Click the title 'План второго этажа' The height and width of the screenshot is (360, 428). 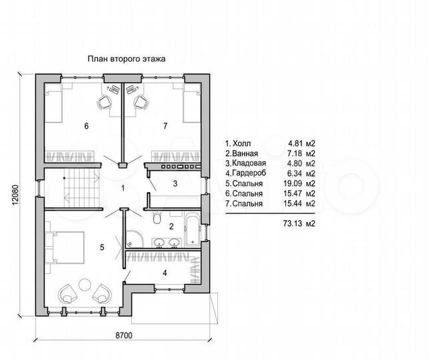(x=127, y=59)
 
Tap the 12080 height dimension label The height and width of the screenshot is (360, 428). (x=15, y=195)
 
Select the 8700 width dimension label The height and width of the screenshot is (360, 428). (x=123, y=335)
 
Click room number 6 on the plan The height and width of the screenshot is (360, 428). (x=86, y=126)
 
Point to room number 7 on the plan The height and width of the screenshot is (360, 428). (x=165, y=126)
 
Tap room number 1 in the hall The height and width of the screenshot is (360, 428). (x=123, y=188)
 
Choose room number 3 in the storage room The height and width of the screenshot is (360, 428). (x=175, y=184)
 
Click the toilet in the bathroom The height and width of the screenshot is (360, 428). (x=157, y=217)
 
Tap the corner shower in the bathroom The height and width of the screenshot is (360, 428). (x=134, y=239)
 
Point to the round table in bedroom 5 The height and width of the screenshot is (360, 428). (x=85, y=285)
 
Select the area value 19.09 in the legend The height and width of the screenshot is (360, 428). (x=293, y=183)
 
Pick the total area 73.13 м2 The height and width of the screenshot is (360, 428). (x=299, y=223)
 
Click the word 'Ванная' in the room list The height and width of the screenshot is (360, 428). (x=245, y=153)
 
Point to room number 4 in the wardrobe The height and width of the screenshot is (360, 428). (x=165, y=273)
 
